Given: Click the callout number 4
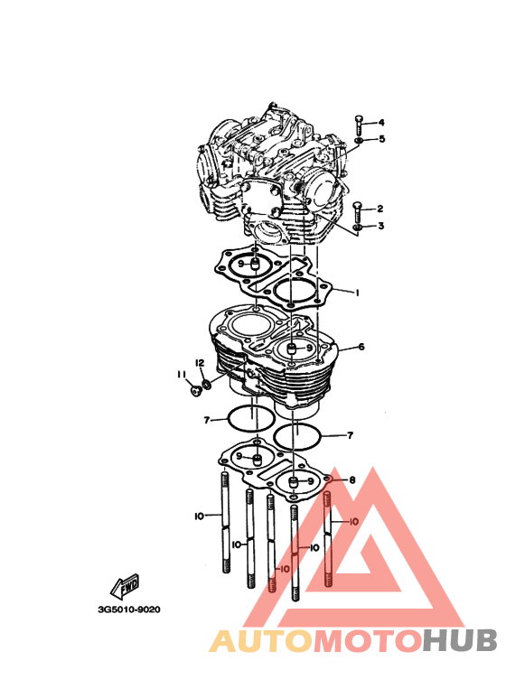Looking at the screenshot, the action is coord(381,123).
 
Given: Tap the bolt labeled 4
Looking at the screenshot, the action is coord(359,126).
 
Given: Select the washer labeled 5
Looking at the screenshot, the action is coord(359,141).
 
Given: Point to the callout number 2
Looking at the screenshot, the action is coord(379,209).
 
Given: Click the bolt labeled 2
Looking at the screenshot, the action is coord(358,212).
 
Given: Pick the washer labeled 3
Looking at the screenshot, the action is coord(357,228).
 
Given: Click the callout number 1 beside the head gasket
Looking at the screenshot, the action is coord(356,293).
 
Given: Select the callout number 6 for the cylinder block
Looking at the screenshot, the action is coord(361,347).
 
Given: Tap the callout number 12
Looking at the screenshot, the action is coord(200,363).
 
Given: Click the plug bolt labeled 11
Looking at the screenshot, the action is coord(195,391).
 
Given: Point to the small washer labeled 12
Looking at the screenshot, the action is coord(206,384).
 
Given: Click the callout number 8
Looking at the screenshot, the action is coord(352,479).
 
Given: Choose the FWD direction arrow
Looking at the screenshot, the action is coord(125,586).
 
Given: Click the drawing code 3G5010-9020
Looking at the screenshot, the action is coord(129,610).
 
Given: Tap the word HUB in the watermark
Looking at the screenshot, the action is coord(460,640).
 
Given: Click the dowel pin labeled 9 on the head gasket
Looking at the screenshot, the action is coord(254,265).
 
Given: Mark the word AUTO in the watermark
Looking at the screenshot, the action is coord(261,640).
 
